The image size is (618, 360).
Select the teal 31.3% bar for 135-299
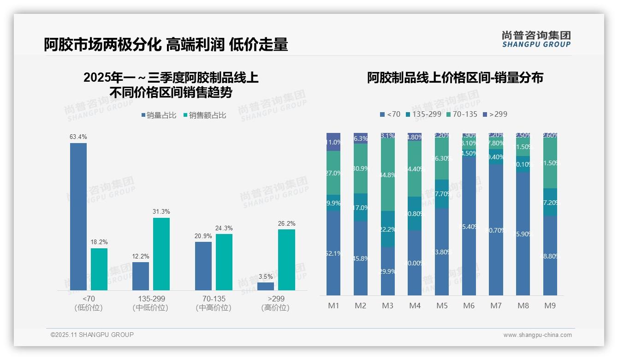[x=161, y=254]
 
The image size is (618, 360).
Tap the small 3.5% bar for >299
[x=266, y=286]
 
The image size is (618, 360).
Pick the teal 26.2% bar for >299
[x=286, y=259]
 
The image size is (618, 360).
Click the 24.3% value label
[x=224, y=228]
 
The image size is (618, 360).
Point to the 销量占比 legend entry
[x=159, y=115]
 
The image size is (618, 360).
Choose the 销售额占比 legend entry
[x=205, y=115]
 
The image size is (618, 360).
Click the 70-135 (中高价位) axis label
[x=214, y=303]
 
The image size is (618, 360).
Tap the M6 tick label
[x=469, y=306]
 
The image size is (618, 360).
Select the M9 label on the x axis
[x=550, y=306]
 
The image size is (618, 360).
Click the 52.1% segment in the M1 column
[x=333, y=253]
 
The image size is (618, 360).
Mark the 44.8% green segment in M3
[x=388, y=175]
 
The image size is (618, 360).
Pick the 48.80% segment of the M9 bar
[x=550, y=256]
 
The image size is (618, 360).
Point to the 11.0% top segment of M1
[x=333, y=142]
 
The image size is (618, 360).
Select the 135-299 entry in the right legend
[x=423, y=114]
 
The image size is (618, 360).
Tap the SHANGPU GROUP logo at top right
[x=536, y=39]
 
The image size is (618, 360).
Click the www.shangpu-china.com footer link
[x=537, y=335]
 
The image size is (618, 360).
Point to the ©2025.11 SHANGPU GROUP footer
[x=92, y=335]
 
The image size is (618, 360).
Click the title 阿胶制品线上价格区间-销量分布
[x=455, y=78]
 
